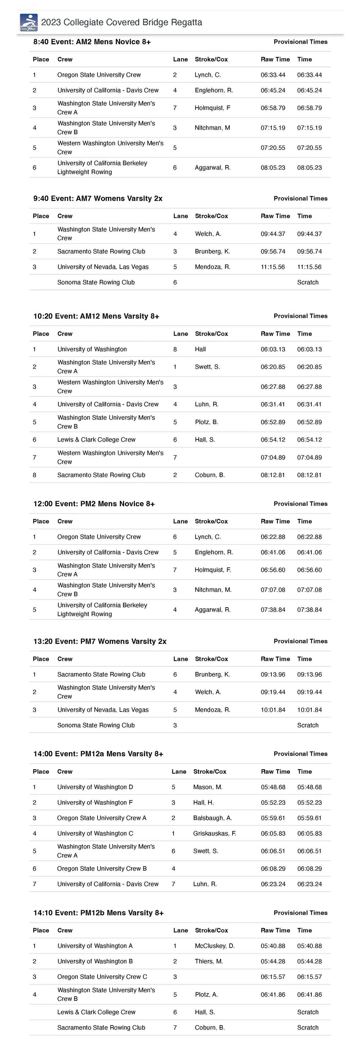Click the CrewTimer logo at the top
(28, 22)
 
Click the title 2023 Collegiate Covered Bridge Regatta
(121, 22)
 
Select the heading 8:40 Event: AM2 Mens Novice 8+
(92, 42)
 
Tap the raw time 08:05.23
(273, 168)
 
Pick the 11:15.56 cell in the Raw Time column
(273, 267)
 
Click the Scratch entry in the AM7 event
(307, 282)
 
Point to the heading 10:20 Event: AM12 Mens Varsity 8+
(96, 316)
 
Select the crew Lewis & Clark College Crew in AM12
(96, 440)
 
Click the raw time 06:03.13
(273, 349)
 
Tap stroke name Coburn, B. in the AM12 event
(210, 475)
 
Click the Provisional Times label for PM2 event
(300, 504)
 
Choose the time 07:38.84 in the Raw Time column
(273, 610)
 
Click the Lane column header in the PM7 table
(180, 659)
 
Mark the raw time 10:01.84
(273, 710)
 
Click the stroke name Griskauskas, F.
(214, 834)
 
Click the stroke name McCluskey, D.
(215, 946)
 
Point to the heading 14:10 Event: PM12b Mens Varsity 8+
(98, 913)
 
